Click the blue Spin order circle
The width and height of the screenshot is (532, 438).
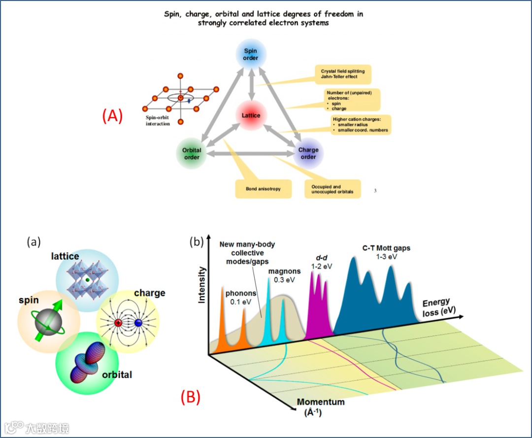pos(251,54)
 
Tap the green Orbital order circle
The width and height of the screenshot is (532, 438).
pos(192,153)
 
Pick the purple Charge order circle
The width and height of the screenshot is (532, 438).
pos(308,153)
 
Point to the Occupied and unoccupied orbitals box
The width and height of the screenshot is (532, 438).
pos(332,190)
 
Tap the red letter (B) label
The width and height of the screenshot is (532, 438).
pos(190,397)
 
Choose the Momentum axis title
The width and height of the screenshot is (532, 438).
pos(321,406)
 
